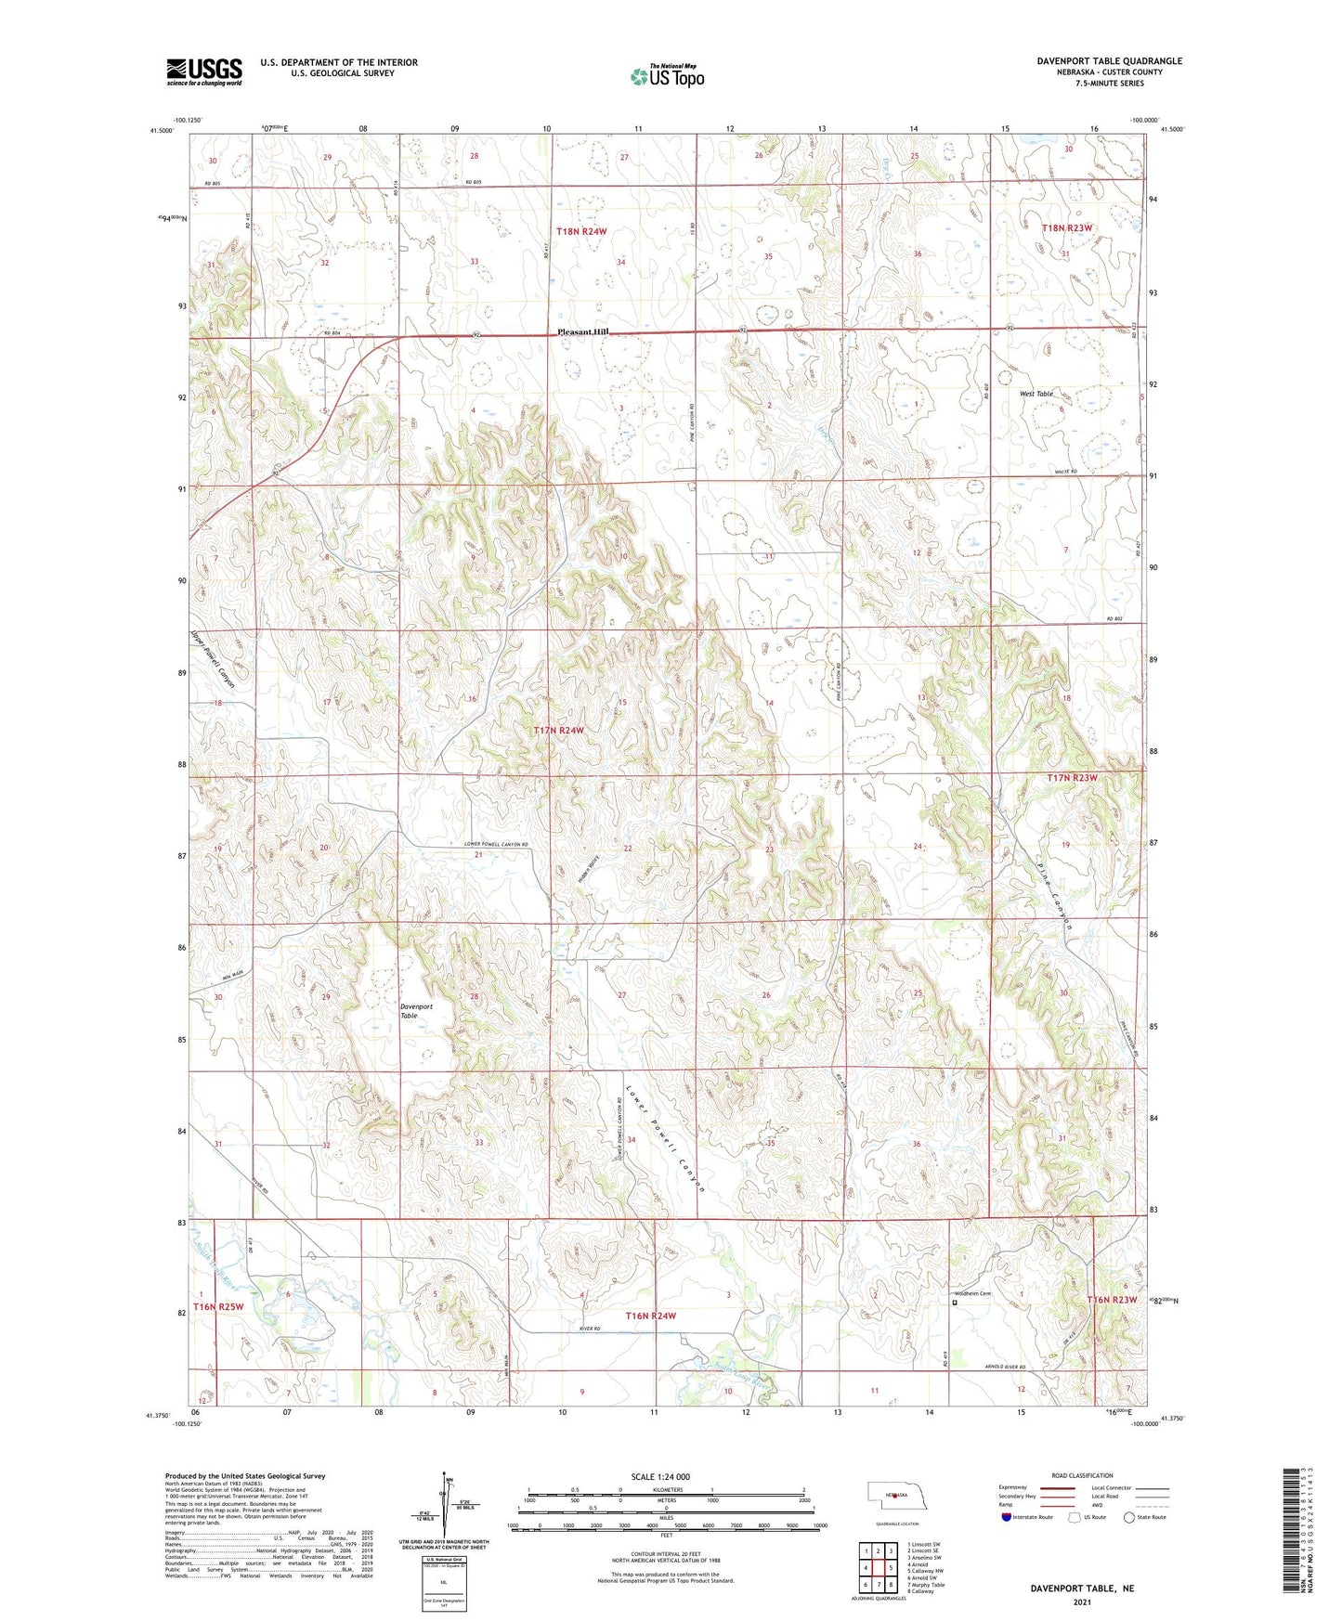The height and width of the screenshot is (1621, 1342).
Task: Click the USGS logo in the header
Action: tap(203, 71)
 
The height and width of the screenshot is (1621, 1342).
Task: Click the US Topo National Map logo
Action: tap(667, 75)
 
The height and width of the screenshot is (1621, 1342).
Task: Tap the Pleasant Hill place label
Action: tap(582, 332)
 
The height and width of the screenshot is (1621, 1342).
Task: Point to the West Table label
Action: tap(1036, 394)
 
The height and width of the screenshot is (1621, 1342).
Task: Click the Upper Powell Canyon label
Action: tap(213, 660)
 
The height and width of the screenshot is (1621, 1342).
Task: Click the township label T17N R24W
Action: tap(558, 731)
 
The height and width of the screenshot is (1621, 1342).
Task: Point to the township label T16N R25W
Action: tap(218, 1307)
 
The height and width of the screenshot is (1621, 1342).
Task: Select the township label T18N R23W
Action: tap(1067, 227)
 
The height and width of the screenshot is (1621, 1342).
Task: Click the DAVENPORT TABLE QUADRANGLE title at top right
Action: tap(1109, 61)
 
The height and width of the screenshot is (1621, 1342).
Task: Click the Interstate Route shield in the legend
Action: tap(1007, 1517)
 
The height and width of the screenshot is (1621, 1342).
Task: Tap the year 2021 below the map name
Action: tap(1081, 1602)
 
